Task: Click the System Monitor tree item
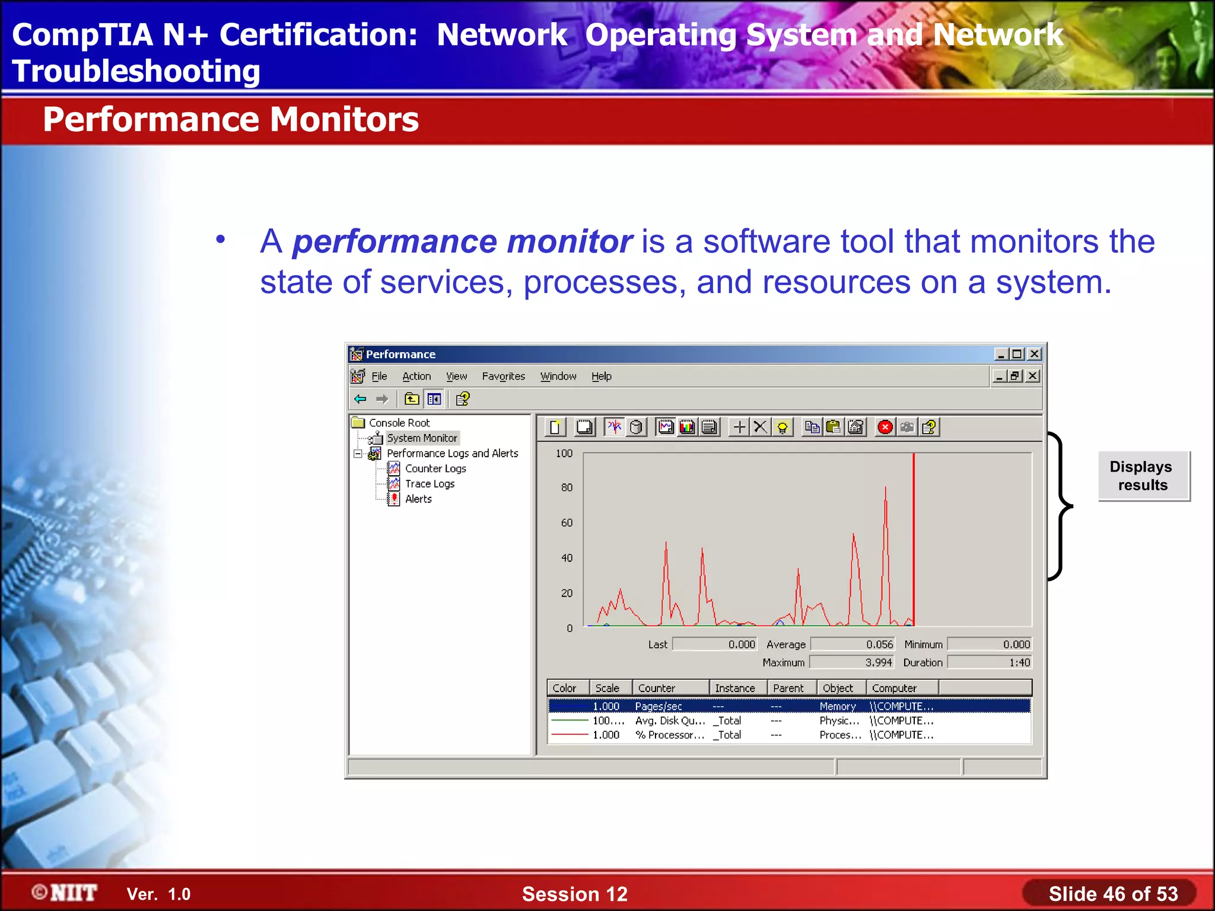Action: [x=422, y=438]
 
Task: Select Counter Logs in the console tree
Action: [x=435, y=469]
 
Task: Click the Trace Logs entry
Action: [x=430, y=484]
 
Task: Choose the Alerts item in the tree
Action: [x=418, y=499]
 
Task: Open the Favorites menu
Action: [x=503, y=376]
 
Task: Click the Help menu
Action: [x=601, y=376]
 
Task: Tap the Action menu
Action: [x=416, y=376]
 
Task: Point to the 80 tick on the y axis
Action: [x=567, y=488]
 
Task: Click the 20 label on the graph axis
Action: [x=567, y=593]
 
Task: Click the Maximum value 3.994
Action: [x=878, y=662]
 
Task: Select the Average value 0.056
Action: [x=879, y=645]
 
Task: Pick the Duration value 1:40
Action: [x=1019, y=662]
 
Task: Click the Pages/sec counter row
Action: [x=659, y=706]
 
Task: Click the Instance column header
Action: [x=734, y=688]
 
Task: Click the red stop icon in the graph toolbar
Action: [x=885, y=427]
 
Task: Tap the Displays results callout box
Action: [x=1143, y=476]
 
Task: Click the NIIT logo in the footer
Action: [x=65, y=893]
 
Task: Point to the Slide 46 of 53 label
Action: [x=1113, y=894]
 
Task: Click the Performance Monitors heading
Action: [x=231, y=119]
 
